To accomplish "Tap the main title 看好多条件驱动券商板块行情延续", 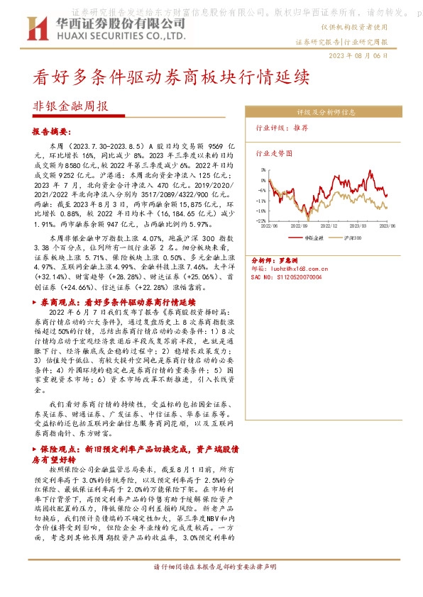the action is point(172,77).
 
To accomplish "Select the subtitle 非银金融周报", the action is point(71,107).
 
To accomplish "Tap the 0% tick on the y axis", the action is point(263,180).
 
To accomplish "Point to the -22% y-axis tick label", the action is point(261,221).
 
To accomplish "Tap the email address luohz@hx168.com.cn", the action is point(295,269).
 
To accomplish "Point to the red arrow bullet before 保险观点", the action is point(36,449).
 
